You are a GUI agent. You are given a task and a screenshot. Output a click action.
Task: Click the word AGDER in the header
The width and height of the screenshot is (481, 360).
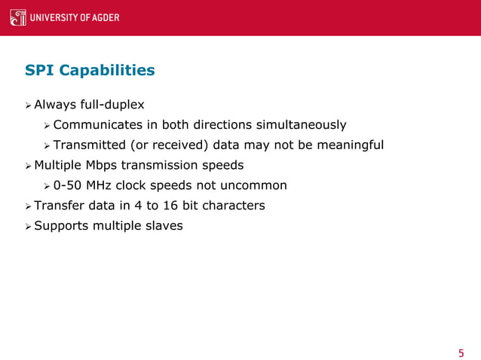(x=105, y=18)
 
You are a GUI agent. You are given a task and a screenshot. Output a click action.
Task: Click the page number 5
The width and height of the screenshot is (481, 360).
(x=461, y=353)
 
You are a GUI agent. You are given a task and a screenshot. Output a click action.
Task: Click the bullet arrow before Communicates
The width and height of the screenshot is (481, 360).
(x=47, y=124)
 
